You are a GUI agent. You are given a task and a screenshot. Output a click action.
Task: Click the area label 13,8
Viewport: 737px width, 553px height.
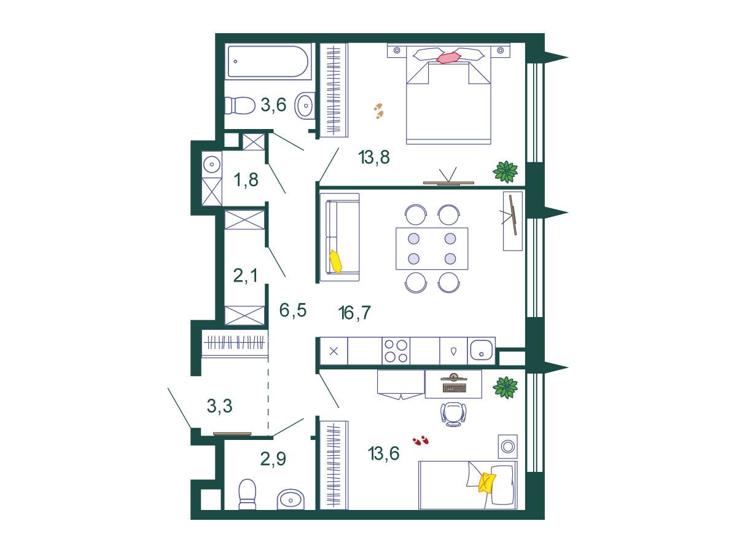point(373,157)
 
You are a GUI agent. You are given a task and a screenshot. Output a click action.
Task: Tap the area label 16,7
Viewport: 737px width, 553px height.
point(354,313)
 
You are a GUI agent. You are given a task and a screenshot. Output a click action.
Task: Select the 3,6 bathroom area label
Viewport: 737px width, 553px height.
point(273,104)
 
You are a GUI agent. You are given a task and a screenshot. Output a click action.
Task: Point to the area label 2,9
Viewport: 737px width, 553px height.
point(273,458)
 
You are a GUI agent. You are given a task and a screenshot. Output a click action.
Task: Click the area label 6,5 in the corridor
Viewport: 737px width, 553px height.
point(293,310)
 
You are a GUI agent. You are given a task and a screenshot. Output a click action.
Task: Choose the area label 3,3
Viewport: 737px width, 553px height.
point(220,406)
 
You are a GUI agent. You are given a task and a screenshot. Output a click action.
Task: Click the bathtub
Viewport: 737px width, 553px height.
point(268,61)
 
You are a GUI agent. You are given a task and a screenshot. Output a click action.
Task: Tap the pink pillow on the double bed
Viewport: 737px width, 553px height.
point(449,57)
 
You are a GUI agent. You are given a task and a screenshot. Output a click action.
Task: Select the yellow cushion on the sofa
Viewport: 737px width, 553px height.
point(335,262)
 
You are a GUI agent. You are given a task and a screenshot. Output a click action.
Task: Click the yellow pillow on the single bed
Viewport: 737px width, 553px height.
point(487,482)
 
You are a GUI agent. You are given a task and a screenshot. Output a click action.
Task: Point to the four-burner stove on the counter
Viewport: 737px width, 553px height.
point(396,351)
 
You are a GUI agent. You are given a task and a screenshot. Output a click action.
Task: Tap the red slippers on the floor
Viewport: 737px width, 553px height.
point(421,440)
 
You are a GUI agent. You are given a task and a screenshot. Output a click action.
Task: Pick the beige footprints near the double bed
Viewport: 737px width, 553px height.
point(379,111)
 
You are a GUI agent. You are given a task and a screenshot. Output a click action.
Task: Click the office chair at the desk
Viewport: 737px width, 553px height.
point(454,414)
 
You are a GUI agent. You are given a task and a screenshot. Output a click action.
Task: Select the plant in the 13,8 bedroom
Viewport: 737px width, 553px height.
point(505,171)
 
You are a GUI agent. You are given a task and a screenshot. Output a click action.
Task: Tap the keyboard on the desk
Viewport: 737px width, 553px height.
point(453,388)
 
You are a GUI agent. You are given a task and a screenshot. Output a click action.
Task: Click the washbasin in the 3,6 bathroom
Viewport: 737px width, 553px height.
point(305,105)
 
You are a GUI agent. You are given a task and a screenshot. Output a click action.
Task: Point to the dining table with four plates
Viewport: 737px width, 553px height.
point(432,248)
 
